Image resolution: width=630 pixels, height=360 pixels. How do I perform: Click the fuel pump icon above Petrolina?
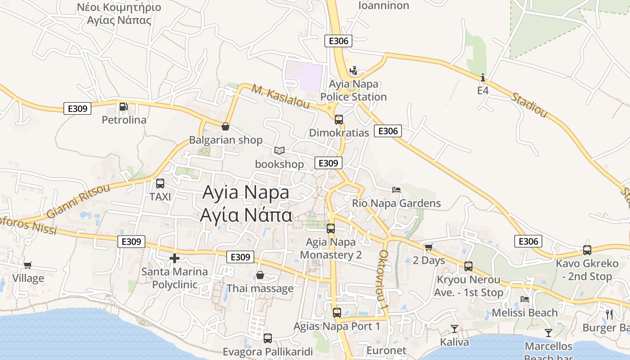(123, 107)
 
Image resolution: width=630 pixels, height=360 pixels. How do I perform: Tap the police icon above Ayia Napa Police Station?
(354, 71)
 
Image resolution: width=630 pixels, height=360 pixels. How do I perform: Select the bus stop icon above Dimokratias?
(339, 120)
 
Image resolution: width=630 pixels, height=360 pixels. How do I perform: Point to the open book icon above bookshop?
(279, 150)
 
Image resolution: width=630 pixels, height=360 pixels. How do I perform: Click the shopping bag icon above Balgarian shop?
(225, 126)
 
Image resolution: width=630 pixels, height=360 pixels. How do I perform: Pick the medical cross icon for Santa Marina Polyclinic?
(175, 258)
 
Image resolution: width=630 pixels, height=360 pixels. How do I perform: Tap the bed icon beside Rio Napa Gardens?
(396, 190)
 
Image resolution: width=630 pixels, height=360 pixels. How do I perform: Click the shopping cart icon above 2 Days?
(428, 247)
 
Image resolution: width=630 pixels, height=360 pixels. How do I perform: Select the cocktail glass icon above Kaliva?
(454, 329)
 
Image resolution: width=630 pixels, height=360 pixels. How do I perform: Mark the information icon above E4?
(483, 77)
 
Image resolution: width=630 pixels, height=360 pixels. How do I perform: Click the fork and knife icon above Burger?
(610, 314)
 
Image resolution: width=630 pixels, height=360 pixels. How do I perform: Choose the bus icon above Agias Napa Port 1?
(337, 312)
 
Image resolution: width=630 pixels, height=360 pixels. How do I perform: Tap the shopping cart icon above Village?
(28, 265)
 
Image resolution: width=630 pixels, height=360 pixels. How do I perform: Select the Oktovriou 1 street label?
(383, 279)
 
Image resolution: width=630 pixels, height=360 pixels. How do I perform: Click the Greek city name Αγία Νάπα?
(246, 215)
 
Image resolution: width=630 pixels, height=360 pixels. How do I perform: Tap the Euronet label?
(387, 351)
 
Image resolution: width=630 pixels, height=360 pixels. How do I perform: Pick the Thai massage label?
(260, 288)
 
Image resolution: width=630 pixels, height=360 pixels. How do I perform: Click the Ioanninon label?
(384, 5)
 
